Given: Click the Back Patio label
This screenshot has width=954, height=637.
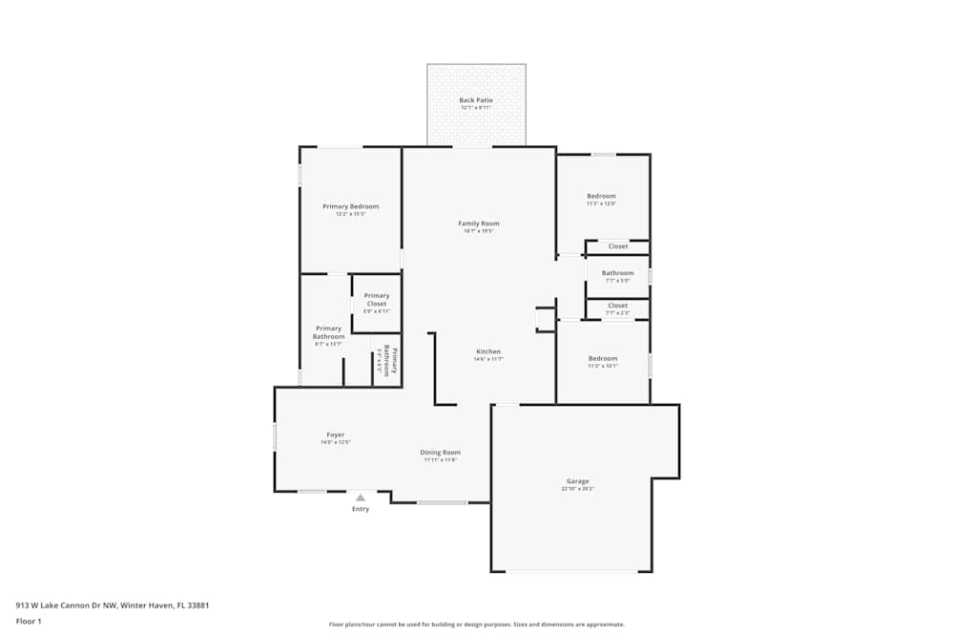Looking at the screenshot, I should pyautogui.click(x=475, y=100).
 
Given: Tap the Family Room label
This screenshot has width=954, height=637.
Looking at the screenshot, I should pyautogui.click(x=478, y=223).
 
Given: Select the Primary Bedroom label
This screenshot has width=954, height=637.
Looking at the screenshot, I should pyautogui.click(x=350, y=206).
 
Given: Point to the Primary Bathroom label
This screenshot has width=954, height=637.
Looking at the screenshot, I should pyautogui.click(x=328, y=332).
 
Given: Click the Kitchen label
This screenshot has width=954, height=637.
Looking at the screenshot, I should pyautogui.click(x=487, y=351).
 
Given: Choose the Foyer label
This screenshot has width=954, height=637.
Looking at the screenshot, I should pyautogui.click(x=335, y=435).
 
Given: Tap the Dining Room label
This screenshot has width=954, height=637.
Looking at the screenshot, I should pyautogui.click(x=440, y=452).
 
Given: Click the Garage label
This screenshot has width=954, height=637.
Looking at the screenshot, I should pyautogui.click(x=577, y=481).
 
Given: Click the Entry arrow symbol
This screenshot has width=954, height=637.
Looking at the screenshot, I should pyautogui.click(x=361, y=498).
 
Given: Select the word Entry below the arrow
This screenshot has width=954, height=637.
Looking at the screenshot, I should pyautogui.click(x=361, y=509).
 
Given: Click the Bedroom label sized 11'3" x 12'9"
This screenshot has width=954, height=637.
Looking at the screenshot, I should pyautogui.click(x=601, y=196).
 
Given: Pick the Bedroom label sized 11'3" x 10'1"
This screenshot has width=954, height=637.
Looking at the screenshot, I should pyautogui.click(x=602, y=358).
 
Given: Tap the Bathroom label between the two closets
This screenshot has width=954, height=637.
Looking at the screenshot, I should pyautogui.click(x=617, y=273).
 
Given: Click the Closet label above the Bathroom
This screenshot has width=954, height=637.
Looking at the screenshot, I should pyautogui.click(x=618, y=246).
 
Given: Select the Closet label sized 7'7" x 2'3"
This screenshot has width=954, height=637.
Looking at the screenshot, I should pyautogui.click(x=617, y=306).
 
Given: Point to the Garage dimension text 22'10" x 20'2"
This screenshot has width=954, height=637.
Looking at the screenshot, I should pyautogui.click(x=577, y=489).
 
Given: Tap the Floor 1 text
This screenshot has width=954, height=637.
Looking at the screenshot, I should pyautogui.click(x=29, y=621).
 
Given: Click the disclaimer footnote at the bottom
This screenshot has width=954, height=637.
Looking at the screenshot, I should pyautogui.click(x=477, y=625).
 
